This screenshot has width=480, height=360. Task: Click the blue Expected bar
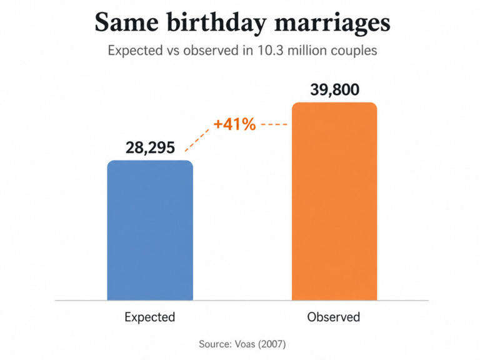150,230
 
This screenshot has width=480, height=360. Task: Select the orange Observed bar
334,201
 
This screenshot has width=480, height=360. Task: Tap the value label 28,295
150,147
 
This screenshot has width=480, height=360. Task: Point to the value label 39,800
334,90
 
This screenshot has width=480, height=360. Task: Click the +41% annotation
234,124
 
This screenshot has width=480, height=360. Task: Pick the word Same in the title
126,22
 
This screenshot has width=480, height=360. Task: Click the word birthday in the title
217,23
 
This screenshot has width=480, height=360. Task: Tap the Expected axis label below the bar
150,317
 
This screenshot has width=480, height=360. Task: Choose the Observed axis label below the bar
334,317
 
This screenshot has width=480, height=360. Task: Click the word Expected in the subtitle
135,51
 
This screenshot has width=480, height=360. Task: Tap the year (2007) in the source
272,344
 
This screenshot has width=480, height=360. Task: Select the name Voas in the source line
245,344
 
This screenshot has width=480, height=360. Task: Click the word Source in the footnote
216,344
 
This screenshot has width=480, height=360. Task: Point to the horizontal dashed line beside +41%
274,124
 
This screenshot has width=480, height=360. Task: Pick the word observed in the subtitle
211,51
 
